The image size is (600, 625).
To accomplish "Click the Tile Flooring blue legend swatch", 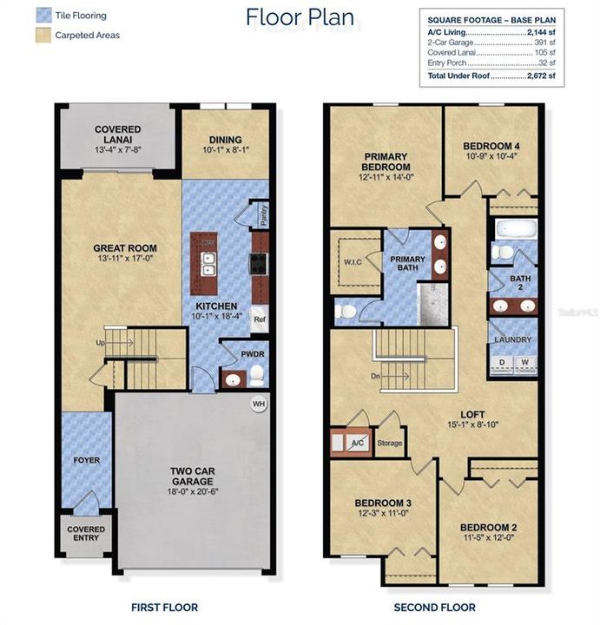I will (x=41, y=16).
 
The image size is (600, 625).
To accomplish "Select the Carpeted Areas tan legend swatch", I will (x=41, y=36).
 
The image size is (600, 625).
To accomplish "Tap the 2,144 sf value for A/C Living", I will (x=543, y=31).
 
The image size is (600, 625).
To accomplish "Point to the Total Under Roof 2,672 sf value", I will (x=543, y=76).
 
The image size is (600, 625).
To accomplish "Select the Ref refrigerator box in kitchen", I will (x=260, y=319).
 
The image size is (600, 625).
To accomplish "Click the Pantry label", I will (x=263, y=213).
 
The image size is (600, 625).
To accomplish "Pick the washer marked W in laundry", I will (x=525, y=362).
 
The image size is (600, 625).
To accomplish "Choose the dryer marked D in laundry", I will (x=501, y=362).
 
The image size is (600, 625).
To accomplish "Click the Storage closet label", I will (x=390, y=444).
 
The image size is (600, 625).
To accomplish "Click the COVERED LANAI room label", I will (x=117, y=135).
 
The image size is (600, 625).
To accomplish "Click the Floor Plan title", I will (x=300, y=16).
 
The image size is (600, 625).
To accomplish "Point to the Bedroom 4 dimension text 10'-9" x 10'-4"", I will (x=491, y=156).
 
